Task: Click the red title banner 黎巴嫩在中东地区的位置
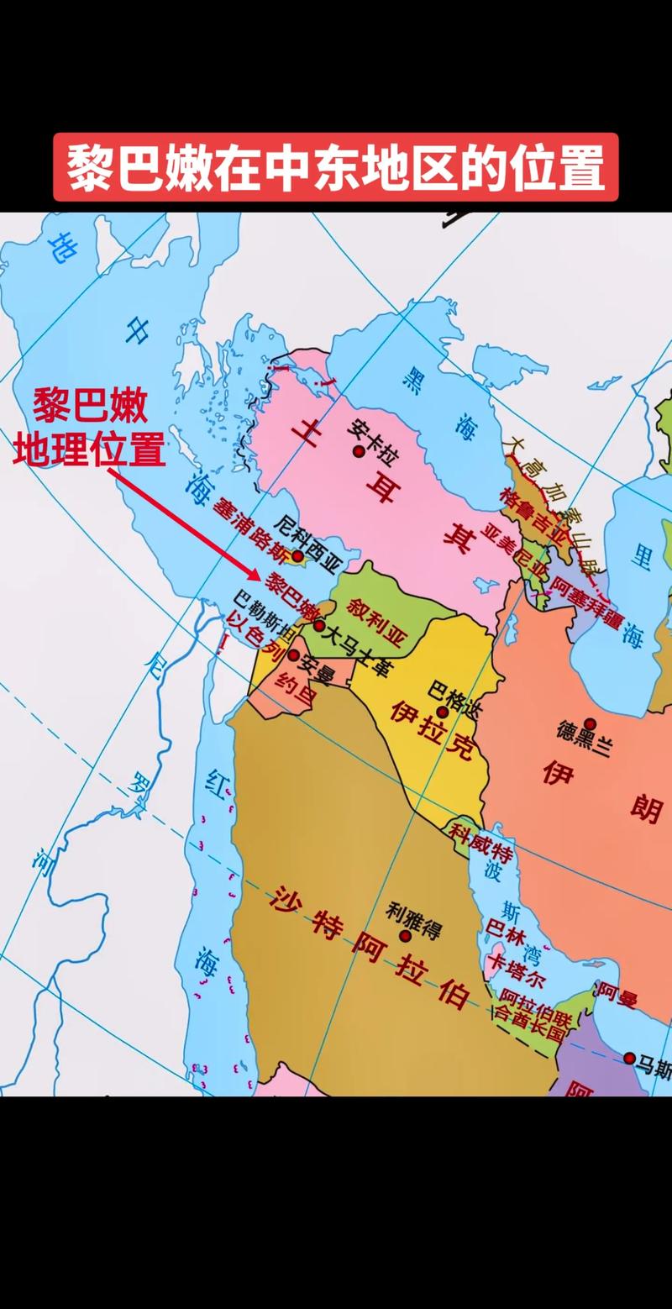click(x=335, y=167)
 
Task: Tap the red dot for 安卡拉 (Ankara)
click(x=359, y=451)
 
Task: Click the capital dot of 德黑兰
click(x=590, y=723)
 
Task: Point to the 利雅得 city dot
click(x=406, y=935)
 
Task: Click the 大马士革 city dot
click(x=319, y=625)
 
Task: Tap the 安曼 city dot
click(x=294, y=654)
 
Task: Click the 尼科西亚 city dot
click(x=297, y=556)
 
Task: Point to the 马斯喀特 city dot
click(x=629, y=1057)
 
